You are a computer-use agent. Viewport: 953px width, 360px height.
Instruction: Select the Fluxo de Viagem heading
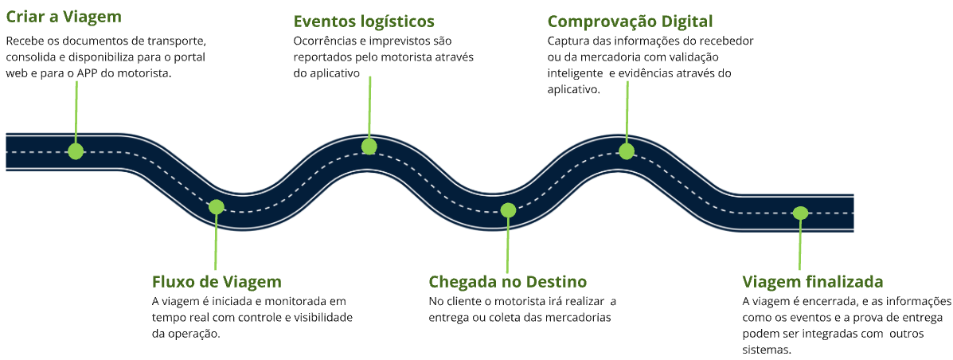[217, 282]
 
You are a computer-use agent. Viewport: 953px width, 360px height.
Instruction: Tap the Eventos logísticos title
[363, 22]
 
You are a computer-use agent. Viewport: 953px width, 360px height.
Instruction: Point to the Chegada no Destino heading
[507, 282]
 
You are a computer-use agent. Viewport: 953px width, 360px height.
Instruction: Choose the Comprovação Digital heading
[630, 22]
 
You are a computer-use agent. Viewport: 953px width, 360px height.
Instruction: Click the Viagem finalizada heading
[812, 282]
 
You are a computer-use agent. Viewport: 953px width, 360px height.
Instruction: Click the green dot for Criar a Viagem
[76, 151]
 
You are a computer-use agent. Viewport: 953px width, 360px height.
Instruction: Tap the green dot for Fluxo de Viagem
[216, 207]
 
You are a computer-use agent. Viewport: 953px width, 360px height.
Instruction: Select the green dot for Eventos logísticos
[369, 146]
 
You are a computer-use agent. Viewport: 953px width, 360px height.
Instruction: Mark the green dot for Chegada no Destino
[508, 210]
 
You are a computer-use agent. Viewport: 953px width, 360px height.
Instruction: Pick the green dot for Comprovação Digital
[627, 151]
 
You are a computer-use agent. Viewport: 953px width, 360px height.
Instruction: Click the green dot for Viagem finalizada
[800, 213]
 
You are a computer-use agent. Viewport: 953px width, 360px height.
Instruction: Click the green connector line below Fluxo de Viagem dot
[215, 243]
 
